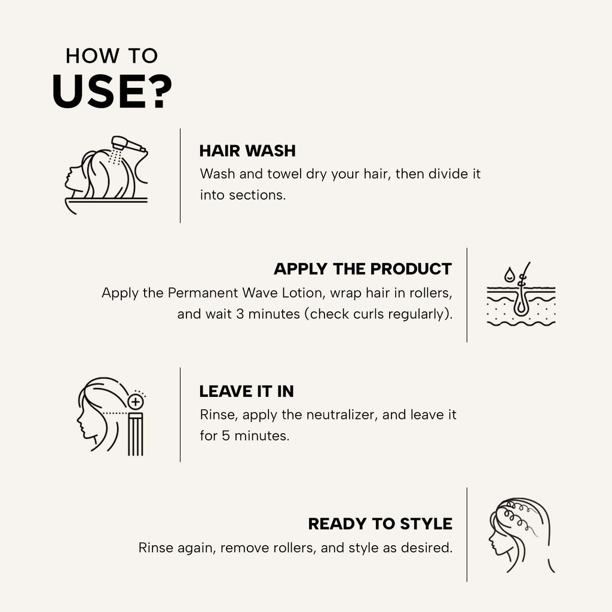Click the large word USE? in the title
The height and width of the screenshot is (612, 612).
click(112, 91)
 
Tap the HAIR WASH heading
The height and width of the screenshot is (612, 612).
click(247, 151)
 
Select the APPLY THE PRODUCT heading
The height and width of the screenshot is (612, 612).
click(363, 269)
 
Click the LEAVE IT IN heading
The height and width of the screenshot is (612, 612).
click(247, 391)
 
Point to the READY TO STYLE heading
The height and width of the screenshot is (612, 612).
click(380, 524)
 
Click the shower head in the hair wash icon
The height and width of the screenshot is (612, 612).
click(128, 145)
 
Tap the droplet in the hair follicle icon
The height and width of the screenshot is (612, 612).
click(509, 274)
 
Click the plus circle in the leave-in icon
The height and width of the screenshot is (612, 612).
click(135, 401)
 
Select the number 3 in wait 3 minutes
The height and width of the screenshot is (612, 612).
click(240, 314)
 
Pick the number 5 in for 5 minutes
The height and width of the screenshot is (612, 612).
click(225, 436)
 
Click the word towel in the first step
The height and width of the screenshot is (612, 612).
click(284, 174)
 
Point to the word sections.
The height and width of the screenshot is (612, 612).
click(257, 195)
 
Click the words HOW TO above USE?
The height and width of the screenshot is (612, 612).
click(112, 56)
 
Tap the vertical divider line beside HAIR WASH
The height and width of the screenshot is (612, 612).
click(180, 176)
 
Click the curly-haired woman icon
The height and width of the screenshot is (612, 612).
click(521, 535)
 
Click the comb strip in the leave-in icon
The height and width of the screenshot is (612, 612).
click(136, 434)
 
